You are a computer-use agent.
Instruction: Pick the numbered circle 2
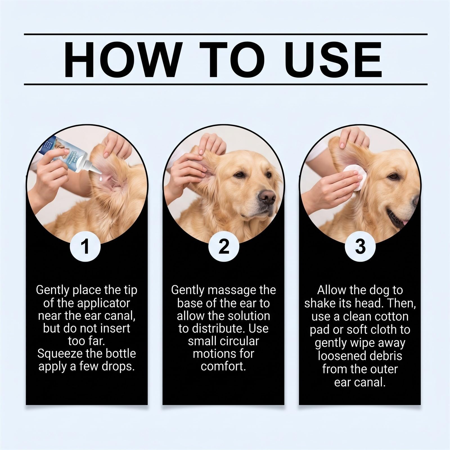coord(224,247)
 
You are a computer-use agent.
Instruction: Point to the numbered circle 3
coord(360,247)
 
